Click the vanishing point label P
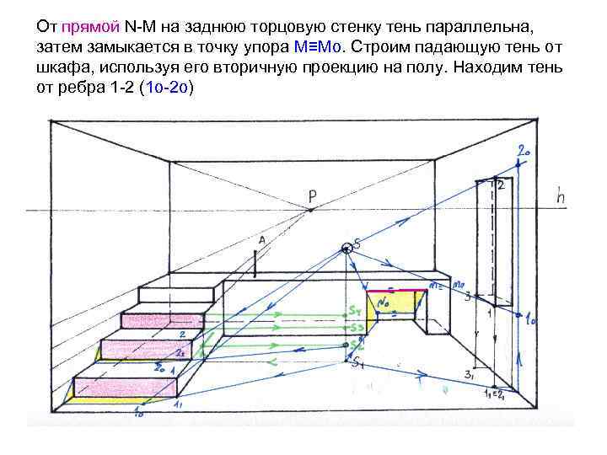[312, 196]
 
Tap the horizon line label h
[561, 196]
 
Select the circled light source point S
[347, 248]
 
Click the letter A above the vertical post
[262, 240]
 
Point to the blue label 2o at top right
[524, 152]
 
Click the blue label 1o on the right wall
[532, 320]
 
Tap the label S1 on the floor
[357, 363]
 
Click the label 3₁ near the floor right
[469, 375]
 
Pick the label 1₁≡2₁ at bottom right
[493, 394]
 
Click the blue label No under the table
[384, 298]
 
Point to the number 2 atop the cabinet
[500, 185]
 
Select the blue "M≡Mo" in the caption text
[320, 45]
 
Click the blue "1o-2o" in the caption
[168, 88]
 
